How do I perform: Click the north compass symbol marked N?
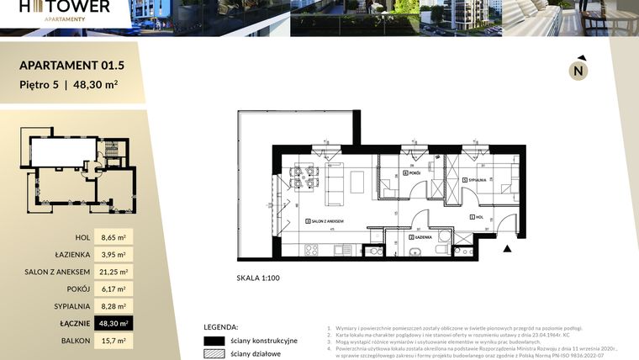click(x=578, y=71)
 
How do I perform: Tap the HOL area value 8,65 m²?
click(x=114, y=238)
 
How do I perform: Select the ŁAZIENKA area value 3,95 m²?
click(x=114, y=255)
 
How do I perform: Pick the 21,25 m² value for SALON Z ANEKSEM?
click(x=114, y=272)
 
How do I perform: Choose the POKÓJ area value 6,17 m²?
click(x=114, y=289)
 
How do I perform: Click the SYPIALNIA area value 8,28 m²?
click(x=114, y=306)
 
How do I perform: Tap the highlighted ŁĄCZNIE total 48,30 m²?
click(x=114, y=323)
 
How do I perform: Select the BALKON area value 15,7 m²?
click(x=114, y=341)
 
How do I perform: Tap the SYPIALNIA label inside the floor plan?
click(x=477, y=180)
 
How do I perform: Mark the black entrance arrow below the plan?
click(x=506, y=248)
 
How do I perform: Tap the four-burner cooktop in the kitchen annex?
click(x=311, y=249)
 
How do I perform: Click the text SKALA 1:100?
click(x=260, y=277)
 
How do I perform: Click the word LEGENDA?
click(x=221, y=326)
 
